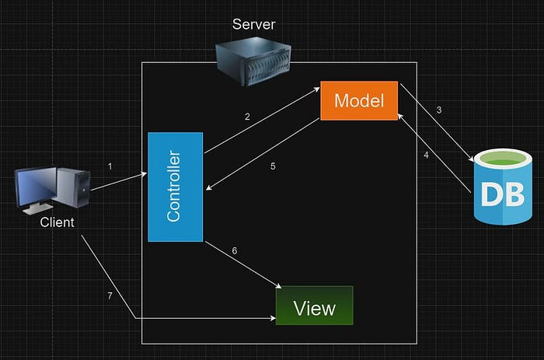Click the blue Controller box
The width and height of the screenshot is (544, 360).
175,187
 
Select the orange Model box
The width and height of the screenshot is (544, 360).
359,100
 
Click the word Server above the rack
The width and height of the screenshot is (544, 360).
254,24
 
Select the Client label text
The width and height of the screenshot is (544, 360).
57,222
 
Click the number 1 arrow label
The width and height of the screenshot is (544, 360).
110,166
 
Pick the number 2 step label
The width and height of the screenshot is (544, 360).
247,117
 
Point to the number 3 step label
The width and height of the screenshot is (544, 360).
439,110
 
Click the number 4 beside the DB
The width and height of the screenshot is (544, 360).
426,154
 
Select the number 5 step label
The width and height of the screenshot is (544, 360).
273,166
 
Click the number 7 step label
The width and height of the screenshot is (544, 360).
110,297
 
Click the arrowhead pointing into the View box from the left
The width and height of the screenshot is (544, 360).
273,319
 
